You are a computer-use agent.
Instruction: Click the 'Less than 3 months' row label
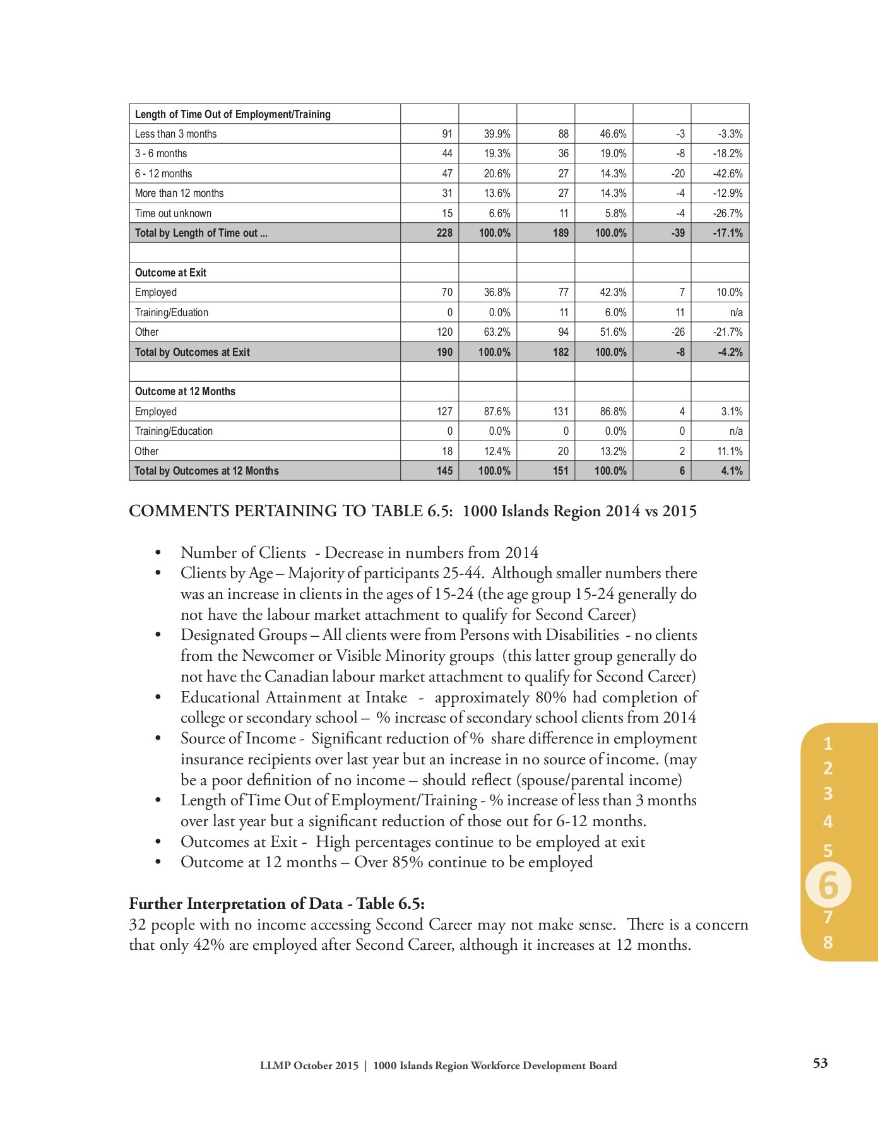pyautogui.click(x=175, y=134)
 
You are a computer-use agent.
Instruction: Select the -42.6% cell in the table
pyautogui.click(x=727, y=174)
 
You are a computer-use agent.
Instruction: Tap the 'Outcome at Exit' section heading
pyautogui.click(x=170, y=273)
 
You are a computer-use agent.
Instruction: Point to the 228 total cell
pyautogui.click(x=444, y=233)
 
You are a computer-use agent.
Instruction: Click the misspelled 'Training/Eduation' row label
pyautogui.click(x=171, y=312)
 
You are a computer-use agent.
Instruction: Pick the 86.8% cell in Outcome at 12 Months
pyautogui.click(x=613, y=411)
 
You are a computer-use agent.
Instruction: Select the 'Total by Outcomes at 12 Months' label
pyautogui.click(x=206, y=471)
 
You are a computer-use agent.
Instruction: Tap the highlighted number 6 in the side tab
pyautogui.click(x=828, y=886)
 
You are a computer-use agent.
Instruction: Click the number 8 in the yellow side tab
pyautogui.click(x=828, y=943)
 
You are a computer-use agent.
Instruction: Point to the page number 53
pyautogui.click(x=820, y=1063)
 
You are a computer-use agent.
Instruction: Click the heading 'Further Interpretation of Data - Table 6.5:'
pyautogui.click(x=276, y=903)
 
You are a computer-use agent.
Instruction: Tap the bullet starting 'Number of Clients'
pyautogui.click(x=359, y=553)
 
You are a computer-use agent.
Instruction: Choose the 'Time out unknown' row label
pyautogui.click(x=173, y=213)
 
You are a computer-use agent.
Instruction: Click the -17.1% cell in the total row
pyautogui.click(x=727, y=233)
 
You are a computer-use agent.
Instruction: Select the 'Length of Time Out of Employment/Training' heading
pyautogui.click(x=232, y=114)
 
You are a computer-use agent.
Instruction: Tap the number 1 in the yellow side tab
pyautogui.click(x=828, y=743)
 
